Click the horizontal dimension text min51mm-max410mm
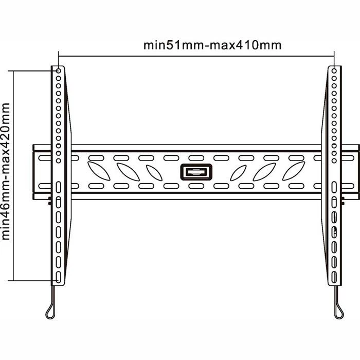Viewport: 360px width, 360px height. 212,45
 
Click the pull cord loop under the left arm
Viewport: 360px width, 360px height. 51,311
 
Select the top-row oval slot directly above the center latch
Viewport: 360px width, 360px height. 195,158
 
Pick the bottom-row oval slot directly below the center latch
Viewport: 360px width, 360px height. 195,186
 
